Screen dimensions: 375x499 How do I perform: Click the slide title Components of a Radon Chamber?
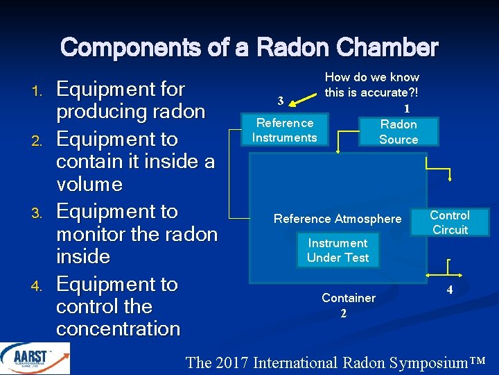coord(249,48)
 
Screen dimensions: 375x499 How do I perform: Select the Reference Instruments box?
coord(284,130)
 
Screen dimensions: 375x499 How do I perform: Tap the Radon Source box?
coord(399,131)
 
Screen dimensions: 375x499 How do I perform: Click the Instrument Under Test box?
coord(338,250)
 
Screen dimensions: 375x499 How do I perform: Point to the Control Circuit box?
coord(450,222)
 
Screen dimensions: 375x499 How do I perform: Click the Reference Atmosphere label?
coord(338,219)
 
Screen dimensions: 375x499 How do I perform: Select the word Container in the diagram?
coord(349,298)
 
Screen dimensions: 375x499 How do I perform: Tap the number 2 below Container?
coord(344,313)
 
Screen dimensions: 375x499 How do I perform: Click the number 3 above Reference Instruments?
coord(280,100)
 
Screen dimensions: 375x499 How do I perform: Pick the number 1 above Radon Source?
coord(407,108)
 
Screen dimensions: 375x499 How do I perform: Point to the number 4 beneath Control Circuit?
coord(450,290)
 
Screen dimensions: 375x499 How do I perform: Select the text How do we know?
coord(372,77)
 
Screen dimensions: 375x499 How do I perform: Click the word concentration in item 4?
coord(118,328)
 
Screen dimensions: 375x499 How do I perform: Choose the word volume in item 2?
coord(89,184)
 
